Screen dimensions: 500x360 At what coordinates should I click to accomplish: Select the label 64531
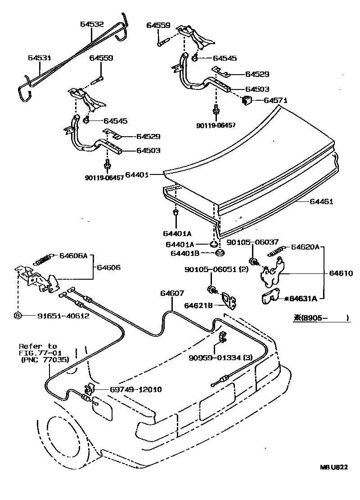tap(39, 58)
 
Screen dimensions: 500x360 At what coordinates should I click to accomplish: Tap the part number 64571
tap(275, 101)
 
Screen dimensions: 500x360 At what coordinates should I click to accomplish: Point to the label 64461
tap(321, 202)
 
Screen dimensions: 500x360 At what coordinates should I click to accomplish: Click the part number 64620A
tap(306, 247)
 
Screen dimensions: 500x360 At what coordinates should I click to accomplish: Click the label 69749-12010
tap(129, 389)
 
